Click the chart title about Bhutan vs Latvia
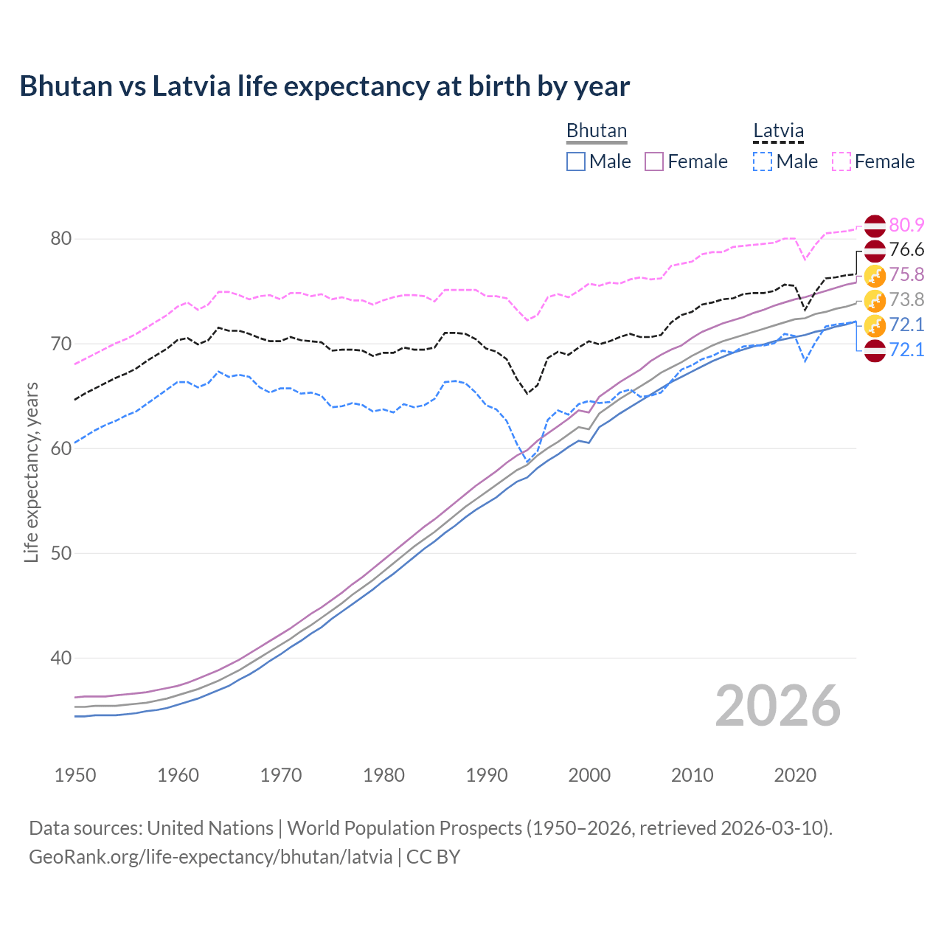324,86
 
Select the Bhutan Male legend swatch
576,162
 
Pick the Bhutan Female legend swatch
655,162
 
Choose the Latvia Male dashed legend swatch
763,162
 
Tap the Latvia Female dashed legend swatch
841,162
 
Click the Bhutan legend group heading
596,131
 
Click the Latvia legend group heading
778,131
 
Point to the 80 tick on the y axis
61,238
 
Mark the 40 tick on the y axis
61,658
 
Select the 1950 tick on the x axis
75,775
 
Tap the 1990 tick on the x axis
487,775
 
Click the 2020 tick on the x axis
795,775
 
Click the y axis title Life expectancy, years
32,472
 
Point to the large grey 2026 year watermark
777,706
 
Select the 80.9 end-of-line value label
906,225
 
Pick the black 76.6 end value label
906,250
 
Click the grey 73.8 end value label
906,299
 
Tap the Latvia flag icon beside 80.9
875,226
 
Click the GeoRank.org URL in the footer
210,857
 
